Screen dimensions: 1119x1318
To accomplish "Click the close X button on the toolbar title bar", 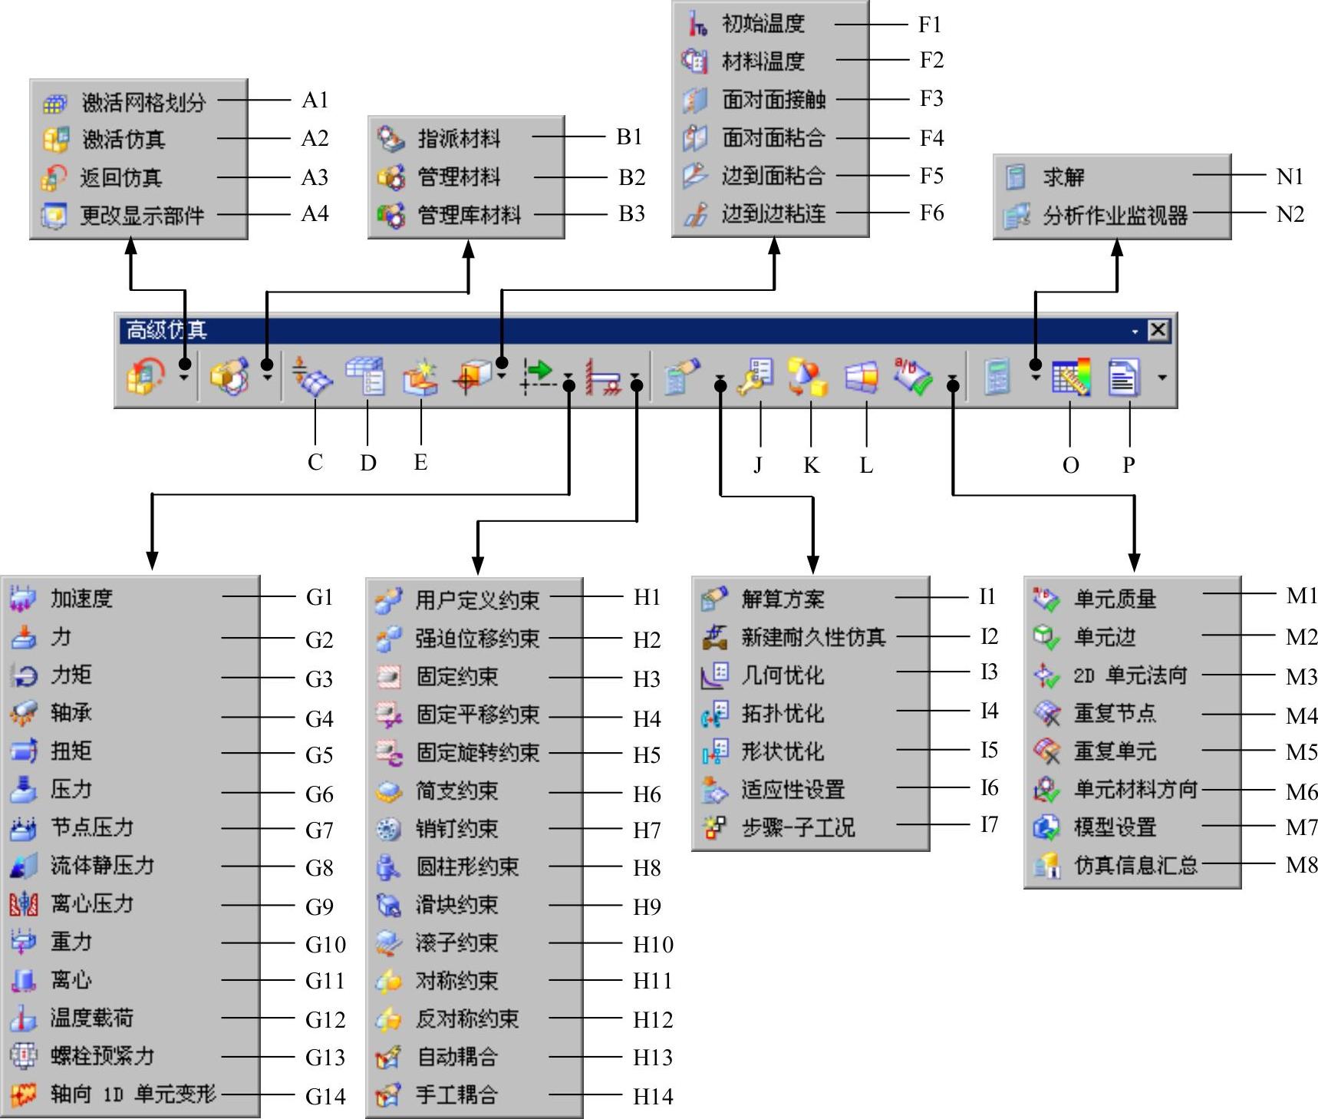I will [x=1158, y=331].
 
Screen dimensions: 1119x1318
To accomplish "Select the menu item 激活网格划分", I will [x=143, y=102].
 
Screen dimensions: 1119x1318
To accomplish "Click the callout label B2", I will [x=631, y=177].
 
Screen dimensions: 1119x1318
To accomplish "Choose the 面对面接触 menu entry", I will [x=773, y=100].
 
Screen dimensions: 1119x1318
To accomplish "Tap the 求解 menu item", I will [x=1063, y=177].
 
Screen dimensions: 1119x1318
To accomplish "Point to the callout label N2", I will [x=1290, y=214].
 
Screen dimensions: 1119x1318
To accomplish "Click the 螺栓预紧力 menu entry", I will [x=102, y=1056].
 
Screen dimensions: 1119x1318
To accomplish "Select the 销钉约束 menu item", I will [x=456, y=829].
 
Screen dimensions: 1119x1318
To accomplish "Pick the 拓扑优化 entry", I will [x=782, y=714].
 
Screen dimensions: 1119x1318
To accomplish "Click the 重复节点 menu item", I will [x=1114, y=714].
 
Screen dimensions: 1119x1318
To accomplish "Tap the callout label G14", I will [x=325, y=1096].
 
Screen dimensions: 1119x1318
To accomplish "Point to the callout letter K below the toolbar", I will [x=811, y=465].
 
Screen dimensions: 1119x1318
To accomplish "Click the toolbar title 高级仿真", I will [x=166, y=331].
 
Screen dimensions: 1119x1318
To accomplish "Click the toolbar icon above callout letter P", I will [x=1123, y=378].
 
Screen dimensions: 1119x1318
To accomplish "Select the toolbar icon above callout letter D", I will [x=366, y=376].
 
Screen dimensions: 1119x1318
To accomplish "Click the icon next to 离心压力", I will [x=23, y=904].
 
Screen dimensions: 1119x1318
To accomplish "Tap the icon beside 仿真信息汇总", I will [x=1046, y=866].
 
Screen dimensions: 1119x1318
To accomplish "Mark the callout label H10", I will [x=653, y=944].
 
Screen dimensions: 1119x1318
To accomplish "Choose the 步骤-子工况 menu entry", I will [x=798, y=828].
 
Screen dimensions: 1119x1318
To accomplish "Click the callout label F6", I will [x=931, y=213].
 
